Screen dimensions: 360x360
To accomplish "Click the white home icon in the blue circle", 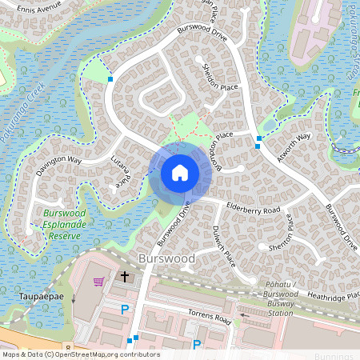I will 180,173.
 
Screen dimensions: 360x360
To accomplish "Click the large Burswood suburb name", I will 166,259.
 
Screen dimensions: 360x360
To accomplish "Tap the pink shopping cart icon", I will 99,281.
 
